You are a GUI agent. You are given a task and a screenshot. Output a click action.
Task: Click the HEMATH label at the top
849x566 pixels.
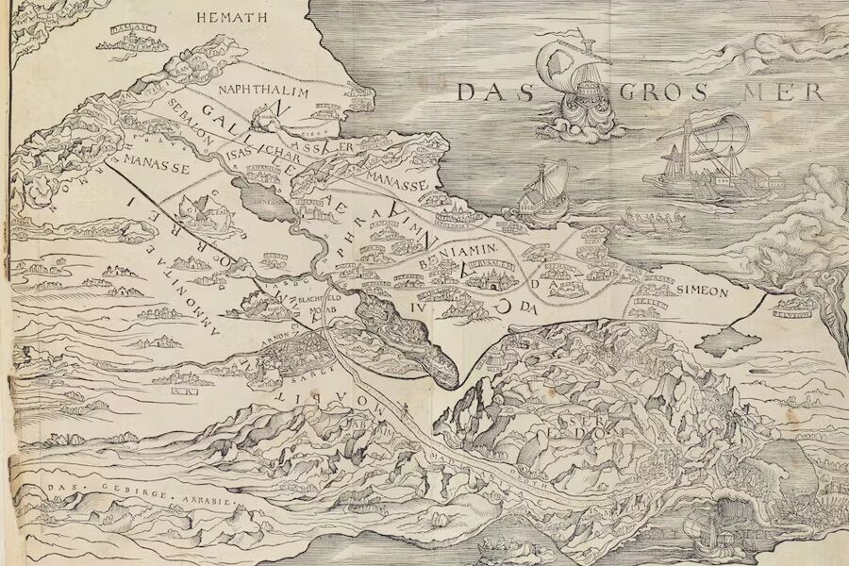[x=230, y=17]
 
